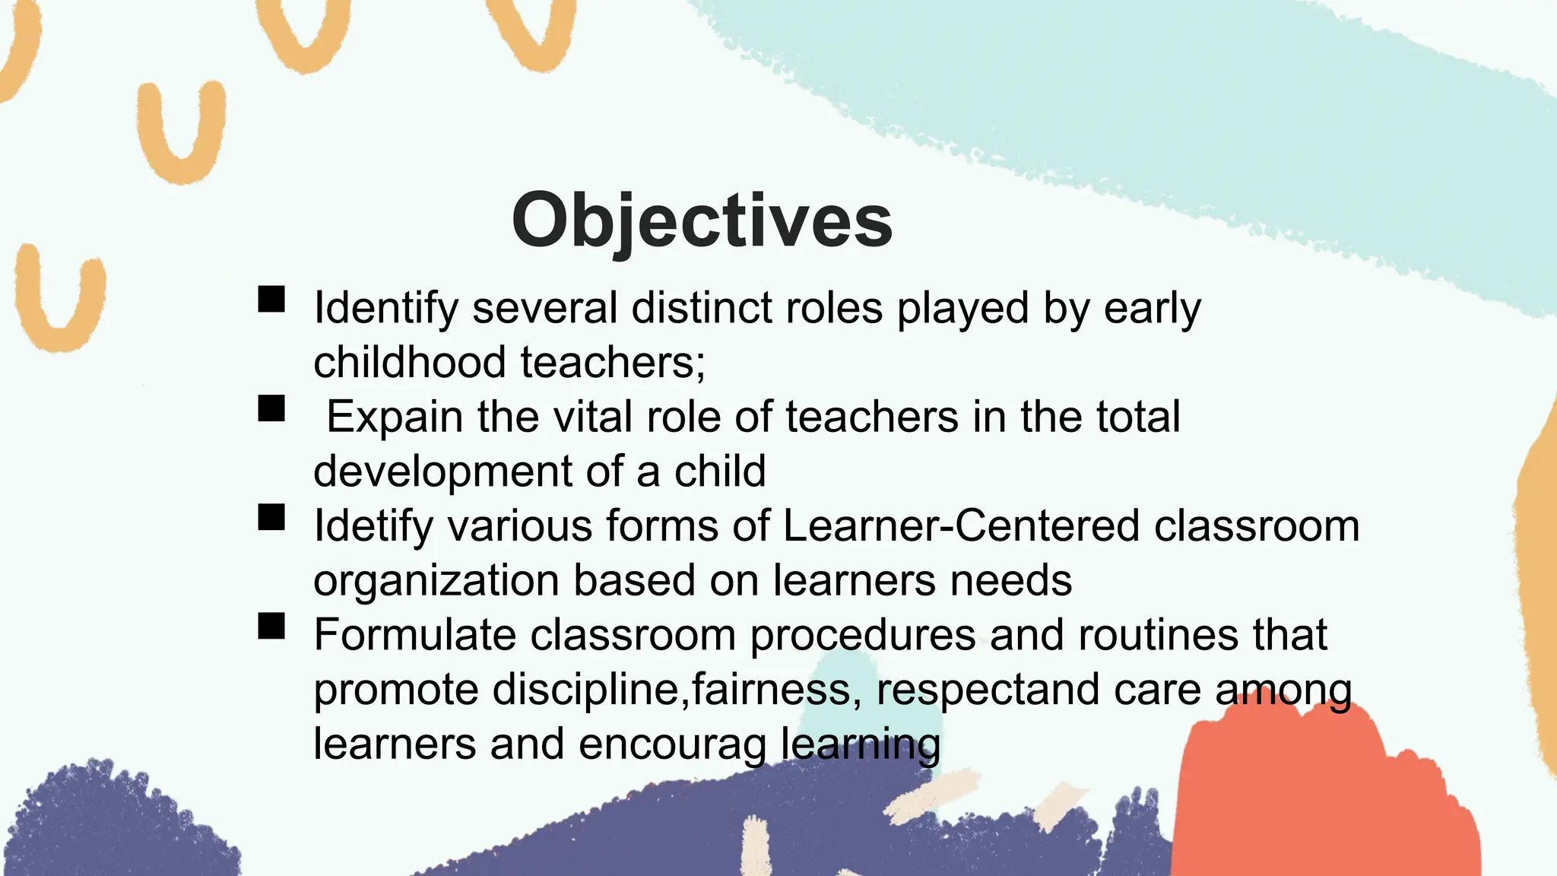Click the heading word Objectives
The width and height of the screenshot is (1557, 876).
tap(702, 221)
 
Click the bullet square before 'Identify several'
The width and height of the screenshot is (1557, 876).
tap(271, 300)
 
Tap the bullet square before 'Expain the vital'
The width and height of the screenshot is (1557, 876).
tap(271, 408)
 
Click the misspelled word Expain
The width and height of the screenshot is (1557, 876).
tap(395, 417)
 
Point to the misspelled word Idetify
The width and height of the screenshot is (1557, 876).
tap(373, 526)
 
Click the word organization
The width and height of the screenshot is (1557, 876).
tap(436, 581)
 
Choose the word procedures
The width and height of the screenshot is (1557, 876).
tap(862, 636)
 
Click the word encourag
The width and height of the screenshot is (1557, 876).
tap(672, 745)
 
